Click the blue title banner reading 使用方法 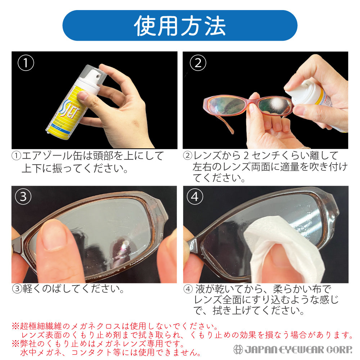[180, 25]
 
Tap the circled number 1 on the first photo [26, 63]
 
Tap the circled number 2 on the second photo [198, 63]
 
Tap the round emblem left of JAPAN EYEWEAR [238, 349]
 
